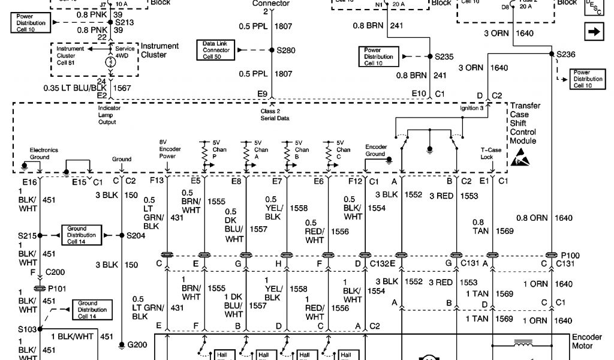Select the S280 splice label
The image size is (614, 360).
point(285,51)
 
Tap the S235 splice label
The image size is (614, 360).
point(444,56)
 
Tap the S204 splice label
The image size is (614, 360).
point(136,235)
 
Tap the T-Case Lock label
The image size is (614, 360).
point(487,154)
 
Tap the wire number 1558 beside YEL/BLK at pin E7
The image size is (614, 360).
point(298,208)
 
